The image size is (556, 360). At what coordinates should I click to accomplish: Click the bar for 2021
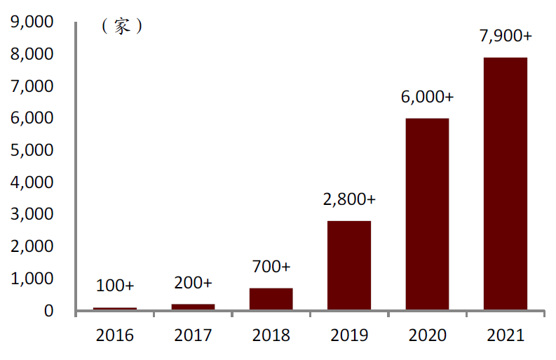[x=505, y=183]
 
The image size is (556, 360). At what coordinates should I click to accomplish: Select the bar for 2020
[x=427, y=214]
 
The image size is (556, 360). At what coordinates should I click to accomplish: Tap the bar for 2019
[x=349, y=265]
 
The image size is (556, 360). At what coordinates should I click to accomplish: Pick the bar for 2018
[x=271, y=299]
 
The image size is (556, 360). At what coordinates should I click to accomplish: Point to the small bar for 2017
[x=193, y=307]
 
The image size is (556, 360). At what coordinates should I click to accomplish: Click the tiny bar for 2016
[x=115, y=308]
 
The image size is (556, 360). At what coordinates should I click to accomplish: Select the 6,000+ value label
[x=428, y=97]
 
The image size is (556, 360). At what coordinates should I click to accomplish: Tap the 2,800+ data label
[x=349, y=199]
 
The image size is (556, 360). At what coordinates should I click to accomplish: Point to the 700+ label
[x=271, y=267]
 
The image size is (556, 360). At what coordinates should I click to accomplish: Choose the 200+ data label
[x=193, y=283]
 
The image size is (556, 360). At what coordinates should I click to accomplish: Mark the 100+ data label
[x=115, y=286]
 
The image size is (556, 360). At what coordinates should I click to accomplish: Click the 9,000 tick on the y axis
[x=33, y=22]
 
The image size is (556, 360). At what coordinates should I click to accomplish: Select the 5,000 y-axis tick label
[x=33, y=150]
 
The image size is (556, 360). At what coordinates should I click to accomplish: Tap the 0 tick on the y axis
[x=48, y=311]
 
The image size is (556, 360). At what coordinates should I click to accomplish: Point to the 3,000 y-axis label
[x=33, y=215]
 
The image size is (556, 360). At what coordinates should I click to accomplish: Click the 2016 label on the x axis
[x=115, y=335]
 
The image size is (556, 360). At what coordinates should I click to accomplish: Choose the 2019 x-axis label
[x=349, y=335]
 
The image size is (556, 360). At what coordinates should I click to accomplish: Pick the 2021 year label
[x=505, y=335]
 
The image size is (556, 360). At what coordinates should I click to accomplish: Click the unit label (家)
[x=122, y=27]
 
